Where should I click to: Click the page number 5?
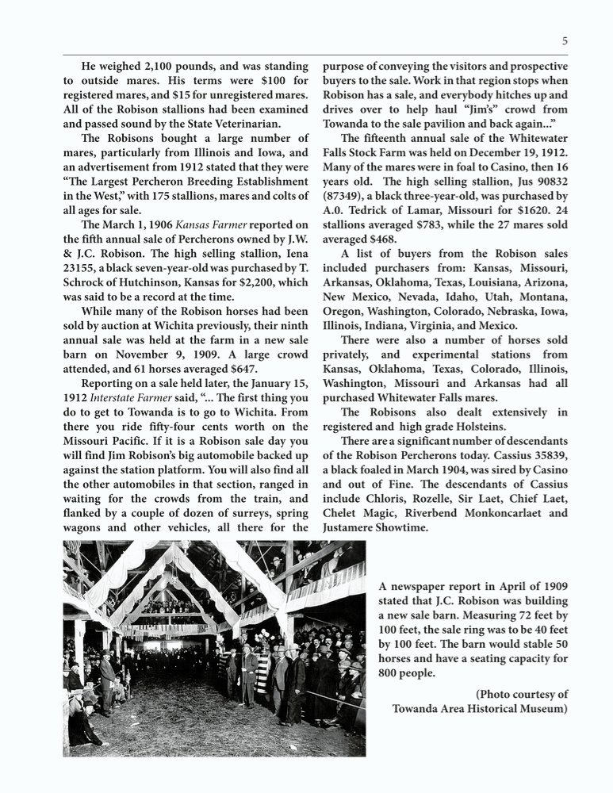pyautogui.click(x=565, y=41)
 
